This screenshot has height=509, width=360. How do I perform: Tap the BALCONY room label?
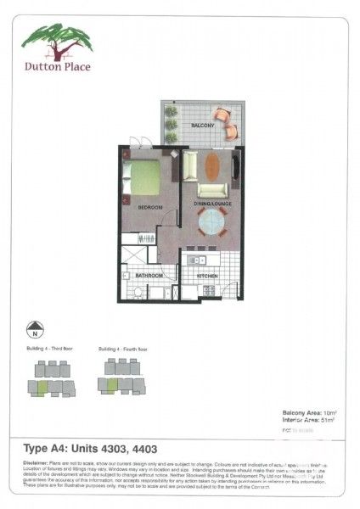202,125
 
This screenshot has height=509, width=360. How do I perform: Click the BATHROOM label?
150,276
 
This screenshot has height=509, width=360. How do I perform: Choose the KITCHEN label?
208,276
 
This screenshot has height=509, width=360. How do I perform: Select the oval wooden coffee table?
212,164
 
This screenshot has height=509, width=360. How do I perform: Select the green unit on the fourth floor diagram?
110,385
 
